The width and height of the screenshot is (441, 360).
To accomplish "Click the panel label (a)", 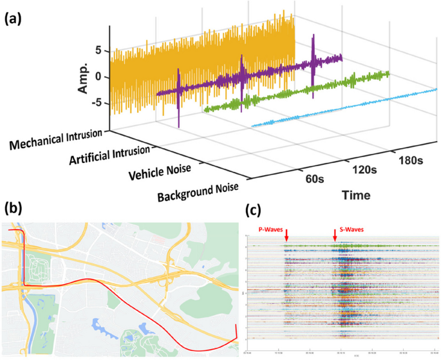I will [x=14, y=19].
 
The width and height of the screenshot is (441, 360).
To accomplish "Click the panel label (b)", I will [x=14, y=208].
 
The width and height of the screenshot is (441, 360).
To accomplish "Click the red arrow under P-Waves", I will [x=286, y=239].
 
